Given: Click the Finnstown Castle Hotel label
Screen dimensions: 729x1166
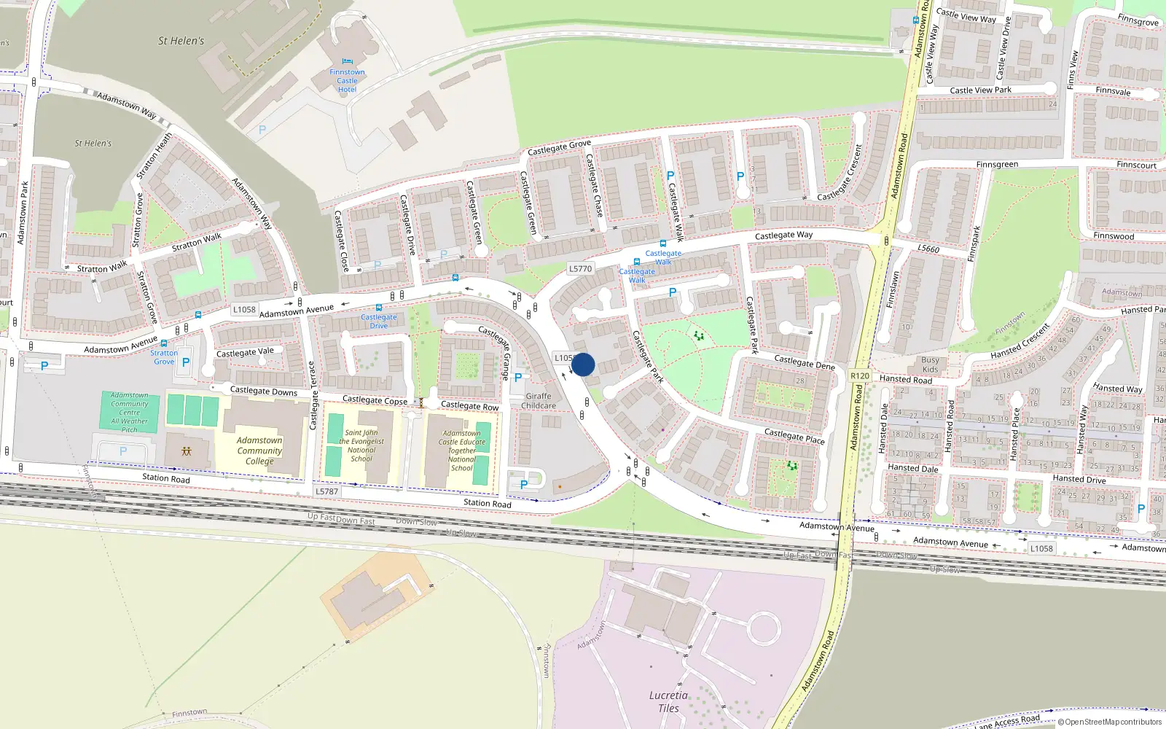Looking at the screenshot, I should [347, 80].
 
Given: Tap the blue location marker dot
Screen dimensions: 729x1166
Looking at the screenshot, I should [583, 364].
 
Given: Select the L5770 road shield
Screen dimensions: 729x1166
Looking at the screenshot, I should [580, 268].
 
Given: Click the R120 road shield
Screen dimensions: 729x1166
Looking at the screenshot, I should [860, 376].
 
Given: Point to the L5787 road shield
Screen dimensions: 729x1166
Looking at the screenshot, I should [326, 491].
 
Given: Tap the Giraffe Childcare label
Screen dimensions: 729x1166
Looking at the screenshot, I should [539, 401].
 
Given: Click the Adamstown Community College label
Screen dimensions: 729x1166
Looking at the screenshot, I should [259, 451].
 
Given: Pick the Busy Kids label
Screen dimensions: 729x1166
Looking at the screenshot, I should [930, 364].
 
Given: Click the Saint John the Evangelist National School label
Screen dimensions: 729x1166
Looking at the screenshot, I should [361, 445].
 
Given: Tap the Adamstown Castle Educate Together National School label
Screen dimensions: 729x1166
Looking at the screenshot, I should [462, 451].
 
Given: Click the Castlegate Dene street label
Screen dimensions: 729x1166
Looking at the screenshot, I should [805, 362].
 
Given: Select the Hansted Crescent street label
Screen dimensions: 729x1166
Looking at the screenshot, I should [1020, 340].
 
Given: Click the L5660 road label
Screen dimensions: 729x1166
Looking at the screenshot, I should [928, 249].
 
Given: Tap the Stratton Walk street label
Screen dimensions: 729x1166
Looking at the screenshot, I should [197, 241].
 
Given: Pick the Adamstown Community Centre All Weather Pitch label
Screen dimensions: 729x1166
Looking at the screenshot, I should [130, 412].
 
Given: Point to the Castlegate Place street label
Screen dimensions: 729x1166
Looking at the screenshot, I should [794, 436].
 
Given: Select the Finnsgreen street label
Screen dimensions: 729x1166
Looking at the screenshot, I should [997, 165].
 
